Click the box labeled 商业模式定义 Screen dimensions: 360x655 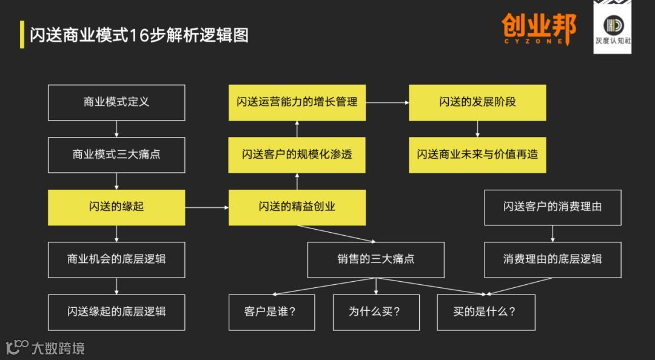click(116, 102)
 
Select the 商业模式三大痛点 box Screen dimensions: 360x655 click(116, 155)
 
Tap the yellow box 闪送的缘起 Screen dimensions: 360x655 click(116, 207)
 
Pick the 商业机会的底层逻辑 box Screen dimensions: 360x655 click(116, 259)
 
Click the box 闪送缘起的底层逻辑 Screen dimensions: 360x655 click(116, 312)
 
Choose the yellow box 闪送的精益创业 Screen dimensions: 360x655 click(297, 207)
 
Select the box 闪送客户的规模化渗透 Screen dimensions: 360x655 click(297, 155)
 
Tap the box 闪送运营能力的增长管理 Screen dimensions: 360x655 click(297, 102)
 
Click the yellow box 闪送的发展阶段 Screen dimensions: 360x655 click(477, 102)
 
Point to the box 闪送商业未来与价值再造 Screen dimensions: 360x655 click(477, 155)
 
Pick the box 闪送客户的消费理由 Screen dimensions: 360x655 click(553, 207)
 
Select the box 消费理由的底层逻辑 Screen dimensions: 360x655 click(553, 259)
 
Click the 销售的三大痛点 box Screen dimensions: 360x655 click(376, 259)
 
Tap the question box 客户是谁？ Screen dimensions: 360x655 click(272, 312)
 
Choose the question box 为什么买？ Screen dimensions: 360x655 click(376, 312)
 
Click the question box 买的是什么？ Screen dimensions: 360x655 click(486, 312)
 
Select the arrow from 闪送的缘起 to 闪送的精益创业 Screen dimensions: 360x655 click(207, 208)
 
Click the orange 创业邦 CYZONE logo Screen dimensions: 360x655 click(539, 29)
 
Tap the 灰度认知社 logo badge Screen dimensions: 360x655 click(612, 27)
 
